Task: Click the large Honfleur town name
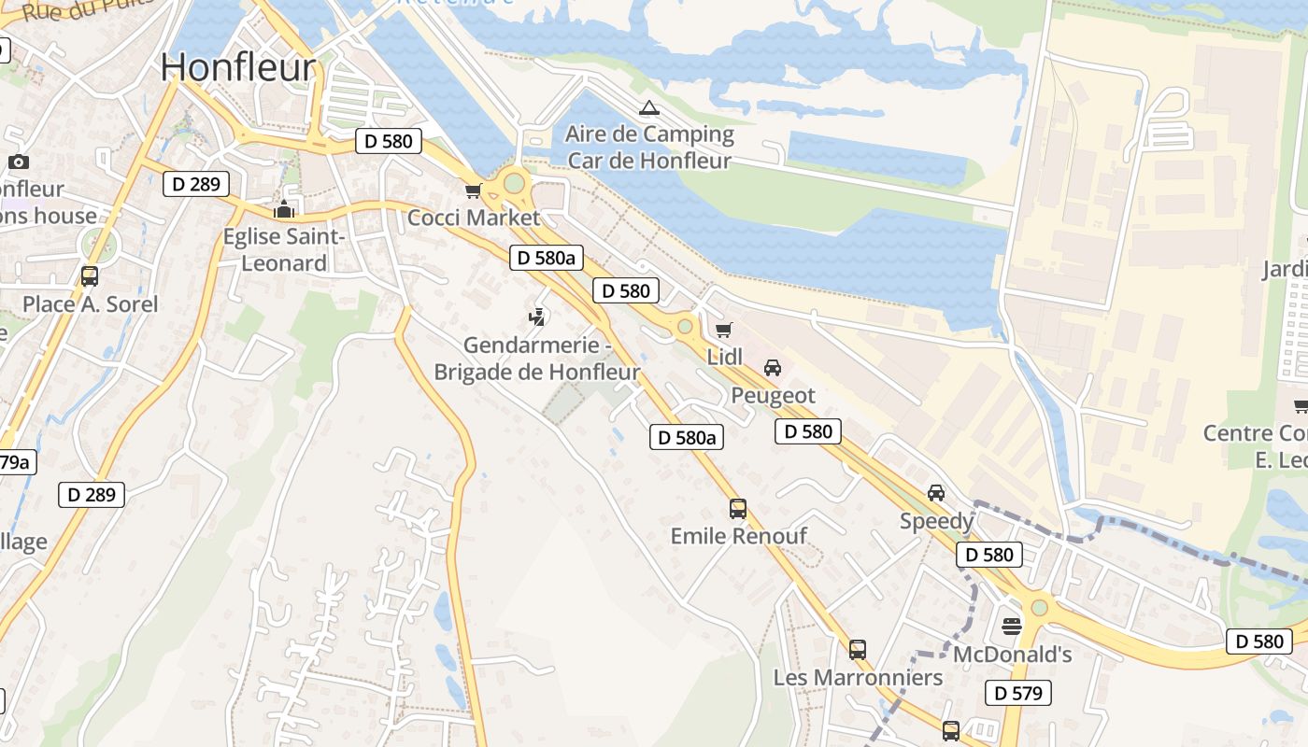(238, 67)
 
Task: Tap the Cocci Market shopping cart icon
(473, 191)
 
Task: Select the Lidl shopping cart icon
(723, 330)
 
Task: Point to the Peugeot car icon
(773, 368)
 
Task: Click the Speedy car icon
(936, 493)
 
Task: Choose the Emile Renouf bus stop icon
(738, 509)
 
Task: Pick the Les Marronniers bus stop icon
(858, 650)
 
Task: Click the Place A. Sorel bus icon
(90, 276)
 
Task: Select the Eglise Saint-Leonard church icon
(284, 209)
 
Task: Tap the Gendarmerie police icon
(536, 318)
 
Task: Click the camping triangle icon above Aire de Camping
(649, 108)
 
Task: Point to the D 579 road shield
(1018, 693)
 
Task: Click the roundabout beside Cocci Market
(514, 183)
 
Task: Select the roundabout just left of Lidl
(685, 326)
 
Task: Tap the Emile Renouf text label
(739, 536)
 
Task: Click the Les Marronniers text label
(858, 677)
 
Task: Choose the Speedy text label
(936, 521)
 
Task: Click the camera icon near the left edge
(19, 162)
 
